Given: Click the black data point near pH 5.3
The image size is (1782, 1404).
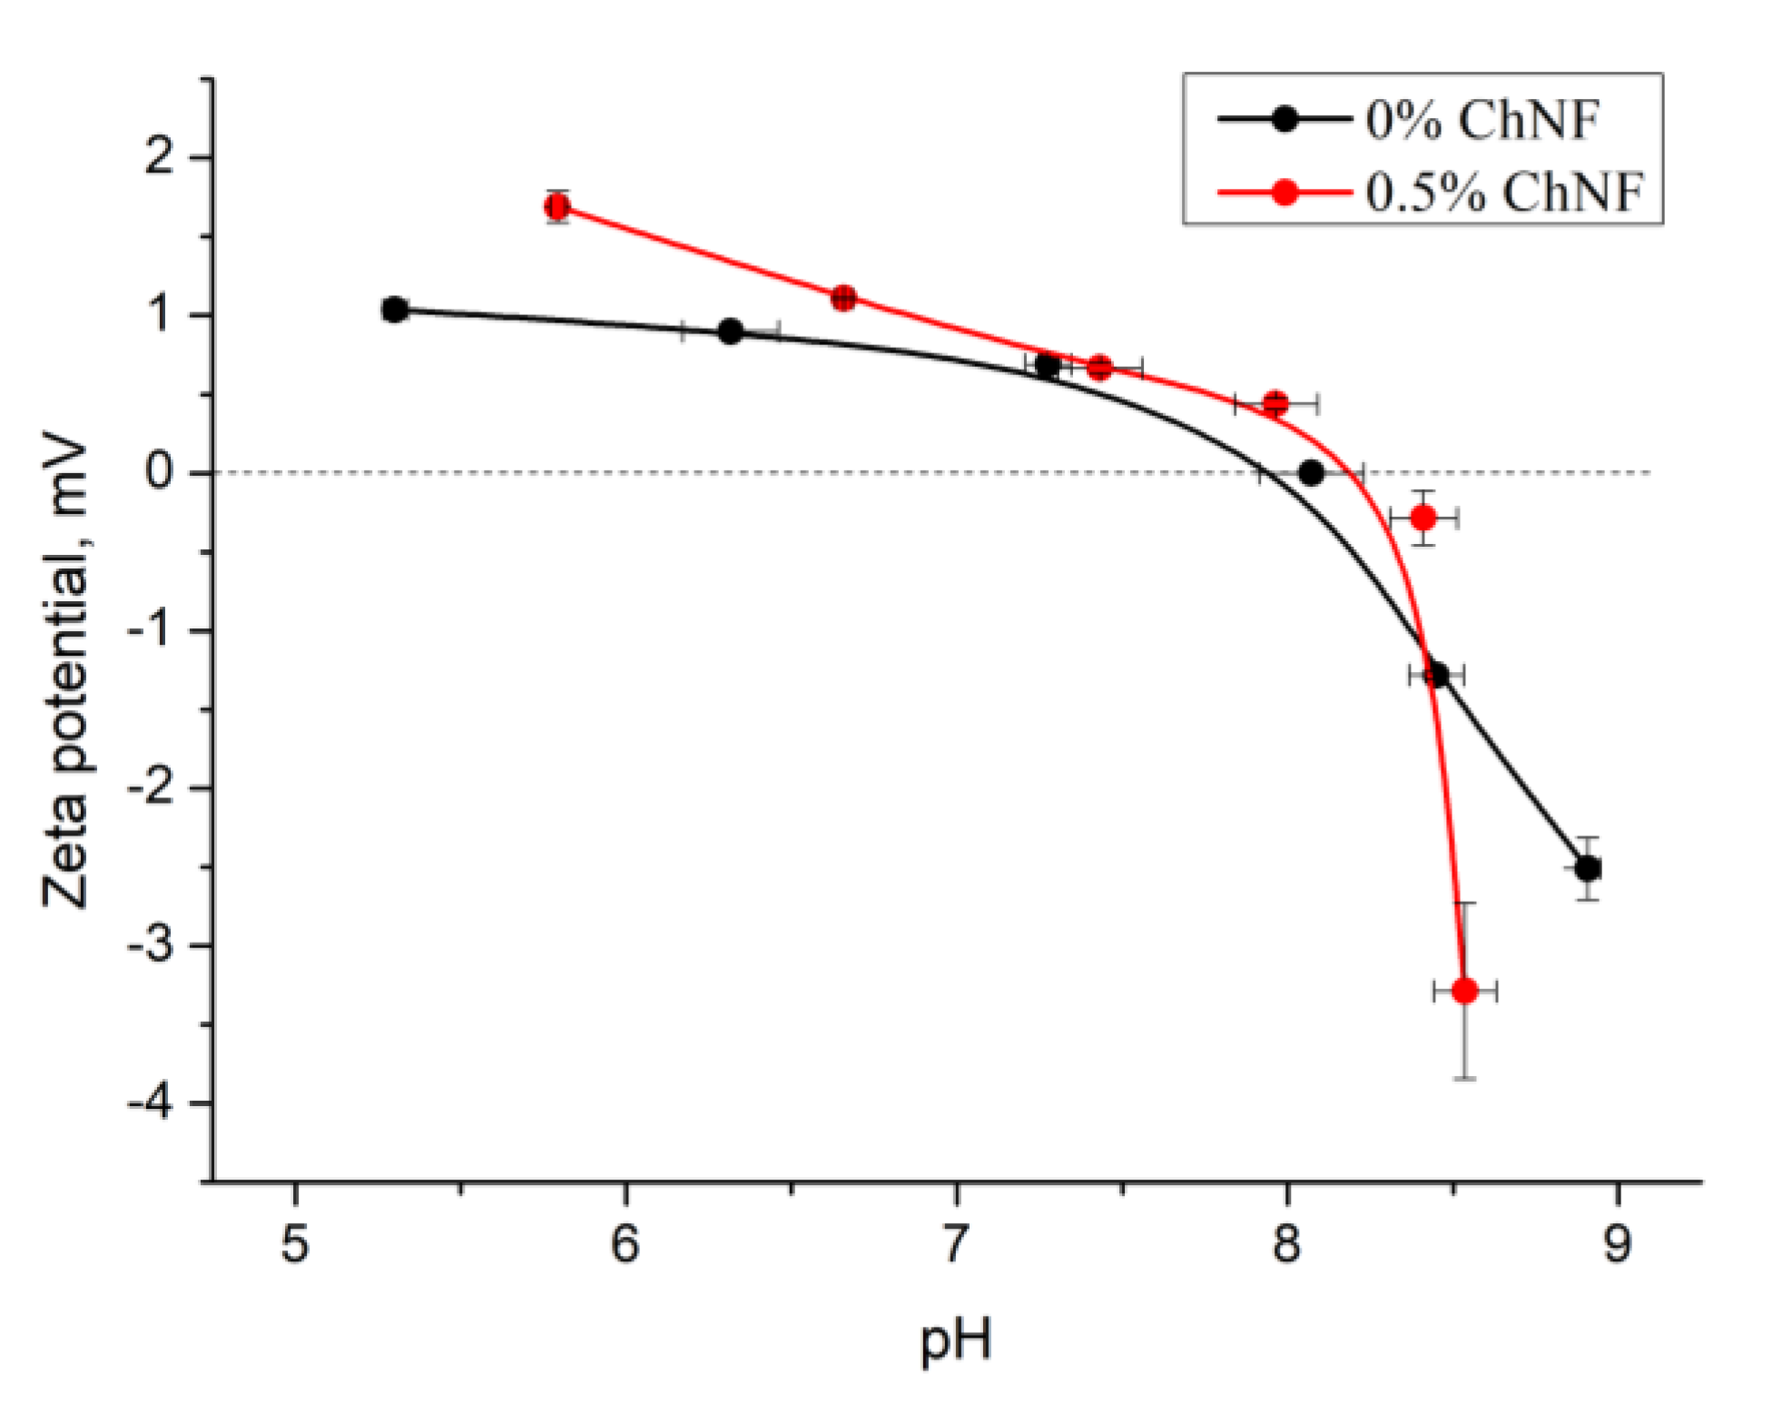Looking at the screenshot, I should tap(394, 310).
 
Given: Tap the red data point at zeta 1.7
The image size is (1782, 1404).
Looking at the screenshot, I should tap(557, 206).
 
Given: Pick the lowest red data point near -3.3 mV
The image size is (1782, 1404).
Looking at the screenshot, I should tap(1464, 990).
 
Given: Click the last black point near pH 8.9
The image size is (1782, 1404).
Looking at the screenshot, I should tap(1587, 868).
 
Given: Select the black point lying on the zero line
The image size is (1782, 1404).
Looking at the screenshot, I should tap(1310, 472).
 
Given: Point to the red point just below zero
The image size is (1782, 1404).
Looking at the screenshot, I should tap(1423, 518).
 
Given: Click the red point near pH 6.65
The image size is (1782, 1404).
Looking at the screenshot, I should tap(843, 297).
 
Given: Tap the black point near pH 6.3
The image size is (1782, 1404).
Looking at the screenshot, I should tap(730, 331).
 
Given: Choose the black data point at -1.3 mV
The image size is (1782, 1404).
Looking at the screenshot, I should tap(1436, 675).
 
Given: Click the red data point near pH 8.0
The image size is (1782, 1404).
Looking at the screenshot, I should tap(1275, 402).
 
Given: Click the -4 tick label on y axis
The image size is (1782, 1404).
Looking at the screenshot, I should tap(151, 1103).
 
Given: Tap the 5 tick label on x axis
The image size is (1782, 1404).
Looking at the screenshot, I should tap(295, 1243).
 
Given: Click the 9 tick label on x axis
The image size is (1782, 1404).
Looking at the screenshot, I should tap(1617, 1243).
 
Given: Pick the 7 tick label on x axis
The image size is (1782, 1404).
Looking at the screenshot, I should tap(955, 1243).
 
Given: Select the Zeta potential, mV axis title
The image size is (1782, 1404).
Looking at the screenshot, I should tap(65, 674).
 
